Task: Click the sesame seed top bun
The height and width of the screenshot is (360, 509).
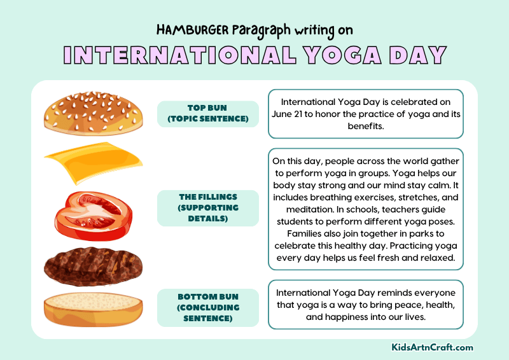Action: pyautogui.click(x=94, y=114)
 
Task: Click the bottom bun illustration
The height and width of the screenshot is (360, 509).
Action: pyautogui.click(x=94, y=308)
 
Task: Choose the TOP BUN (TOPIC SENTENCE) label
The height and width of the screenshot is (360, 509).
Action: pyautogui.click(x=207, y=114)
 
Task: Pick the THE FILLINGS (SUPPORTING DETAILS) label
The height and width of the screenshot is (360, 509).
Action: pyautogui.click(x=207, y=208)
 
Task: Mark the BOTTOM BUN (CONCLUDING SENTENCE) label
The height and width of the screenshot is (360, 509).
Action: pyautogui.click(x=207, y=308)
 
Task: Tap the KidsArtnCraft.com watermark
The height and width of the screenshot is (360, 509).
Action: pyautogui.click(x=432, y=348)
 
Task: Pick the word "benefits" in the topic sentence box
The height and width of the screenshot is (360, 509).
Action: pyautogui.click(x=365, y=126)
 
